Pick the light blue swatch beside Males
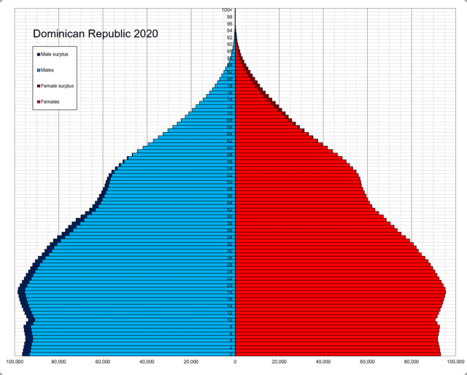(37, 70)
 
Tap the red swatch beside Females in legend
(37, 101)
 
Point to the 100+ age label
(228, 9)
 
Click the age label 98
(230, 17)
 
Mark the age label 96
(230, 23)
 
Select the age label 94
(230, 31)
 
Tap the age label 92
(230, 37)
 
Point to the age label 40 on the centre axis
(230, 217)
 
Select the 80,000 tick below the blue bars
(59, 362)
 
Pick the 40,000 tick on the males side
(147, 362)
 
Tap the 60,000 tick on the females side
(367, 362)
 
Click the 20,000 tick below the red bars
(279, 362)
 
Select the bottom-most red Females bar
(336, 354)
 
